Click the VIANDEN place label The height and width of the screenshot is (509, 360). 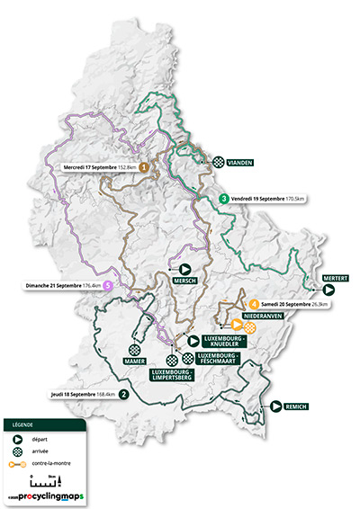click(240, 163)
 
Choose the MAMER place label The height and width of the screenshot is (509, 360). click(135, 362)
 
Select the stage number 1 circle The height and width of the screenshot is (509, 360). click(143, 167)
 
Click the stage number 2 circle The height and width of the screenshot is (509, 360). click(123, 393)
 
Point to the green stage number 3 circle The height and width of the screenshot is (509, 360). click(223, 198)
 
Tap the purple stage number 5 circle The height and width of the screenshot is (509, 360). click(108, 286)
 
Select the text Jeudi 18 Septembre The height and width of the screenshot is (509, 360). click(68, 393)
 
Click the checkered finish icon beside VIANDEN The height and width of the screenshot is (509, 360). click(219, 163)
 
